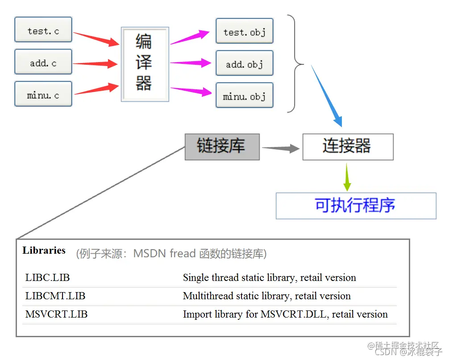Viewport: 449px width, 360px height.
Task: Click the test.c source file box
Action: point(43,30)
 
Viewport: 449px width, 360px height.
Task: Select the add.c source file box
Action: point(43,63)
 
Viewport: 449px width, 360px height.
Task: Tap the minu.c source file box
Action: point(43,95)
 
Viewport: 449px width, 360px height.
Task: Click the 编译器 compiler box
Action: point(145,64)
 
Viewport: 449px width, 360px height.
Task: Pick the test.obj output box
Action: point(244,31)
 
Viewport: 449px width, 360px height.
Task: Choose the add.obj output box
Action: point(244,63)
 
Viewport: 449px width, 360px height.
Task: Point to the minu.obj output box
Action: point(244,96)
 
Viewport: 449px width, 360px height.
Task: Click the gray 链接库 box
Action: point(222,147)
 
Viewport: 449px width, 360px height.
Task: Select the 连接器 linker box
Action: point(348,147)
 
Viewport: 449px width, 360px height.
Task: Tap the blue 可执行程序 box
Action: point(356,205)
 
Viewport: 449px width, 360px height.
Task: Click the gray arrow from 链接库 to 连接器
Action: point(280,148)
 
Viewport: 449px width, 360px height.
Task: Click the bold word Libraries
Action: point(44,250)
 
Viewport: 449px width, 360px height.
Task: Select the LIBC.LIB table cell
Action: point(48,277)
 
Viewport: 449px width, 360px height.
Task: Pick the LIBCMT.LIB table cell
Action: point(55,296)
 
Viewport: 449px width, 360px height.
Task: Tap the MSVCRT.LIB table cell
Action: point(57,314)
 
